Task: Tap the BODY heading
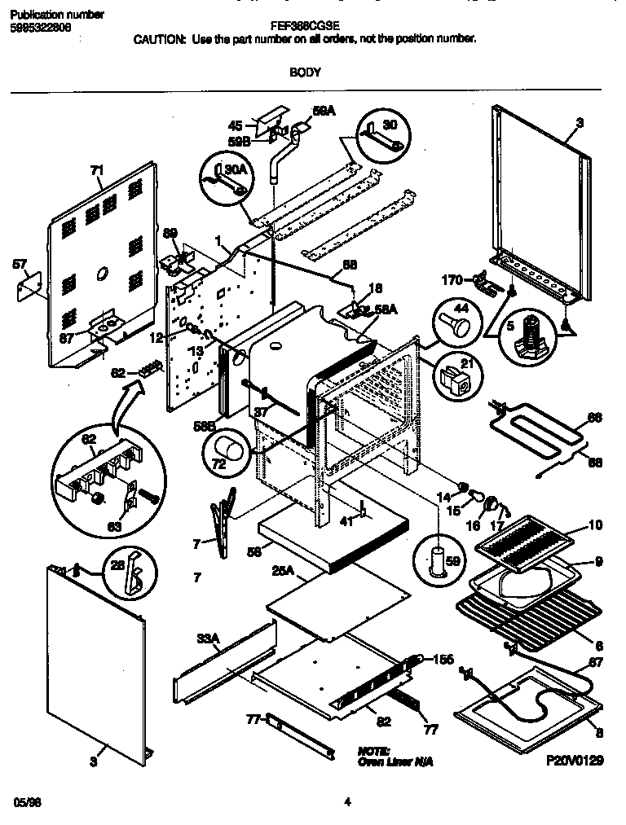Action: [305, 72]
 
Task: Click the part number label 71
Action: [97, 170]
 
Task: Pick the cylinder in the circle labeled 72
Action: [229, 450]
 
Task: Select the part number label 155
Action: [443, 660]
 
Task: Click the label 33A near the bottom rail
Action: [208, 640]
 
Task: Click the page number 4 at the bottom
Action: [347, 802]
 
